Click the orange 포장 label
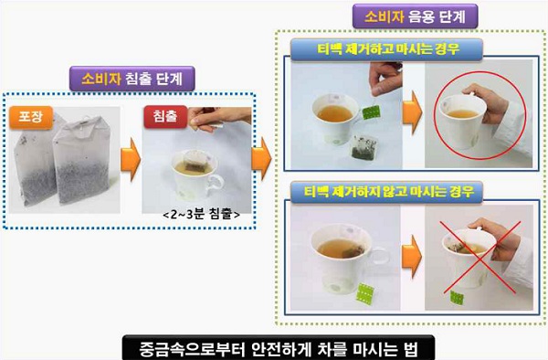click(x=31, y=117)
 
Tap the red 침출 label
click(x=165, y=116)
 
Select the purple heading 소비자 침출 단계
click(x=132, y=79)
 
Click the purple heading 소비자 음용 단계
click(x=415, y=16)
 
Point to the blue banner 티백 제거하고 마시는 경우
click(x=386, y=49)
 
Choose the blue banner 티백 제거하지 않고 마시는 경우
click(x=386, y=192)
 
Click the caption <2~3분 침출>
click(x=201, y=214)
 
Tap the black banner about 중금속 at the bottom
click(x=279, y=348)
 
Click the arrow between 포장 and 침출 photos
click(x=131, y=159)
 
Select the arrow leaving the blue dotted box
click(x=261, y=159)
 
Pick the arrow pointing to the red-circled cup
click(x=413, y=112)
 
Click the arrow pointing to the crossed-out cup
click(x=412, y=257)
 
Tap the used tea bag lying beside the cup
click(x=364, y=147)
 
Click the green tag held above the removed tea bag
click(x=371, y=112)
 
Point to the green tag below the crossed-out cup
click(x=457, y=298)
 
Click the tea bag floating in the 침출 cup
click(x=196, y=161)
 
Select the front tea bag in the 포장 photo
click(x=81, y=160)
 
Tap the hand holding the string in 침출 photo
click(x=219, y=118)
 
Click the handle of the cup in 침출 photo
click(x=215, y=185)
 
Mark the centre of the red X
click(x=478, y=258)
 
